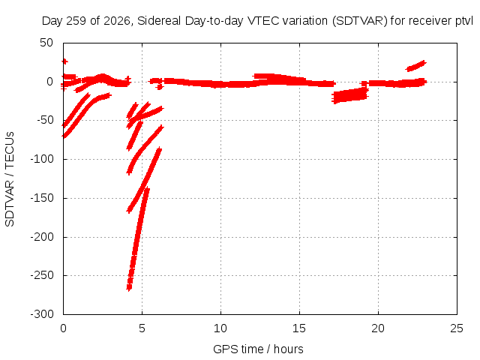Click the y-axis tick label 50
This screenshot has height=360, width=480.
pyautogui.click(x=46, y=43)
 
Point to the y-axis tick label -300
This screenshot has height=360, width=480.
pyautogui.click(x=42, y=314)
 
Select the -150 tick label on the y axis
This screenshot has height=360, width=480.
pyautogui.click(x=42, y=198)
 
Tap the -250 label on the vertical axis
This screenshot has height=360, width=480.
pyautogui.click(x=42, y=275)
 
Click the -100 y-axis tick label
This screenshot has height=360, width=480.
pyautogui.click(x=42, y=159)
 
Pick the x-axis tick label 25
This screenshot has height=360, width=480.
pyautogui.click(x=457, y=328)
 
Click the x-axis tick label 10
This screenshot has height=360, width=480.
pyautogui.click(x=220, y=328)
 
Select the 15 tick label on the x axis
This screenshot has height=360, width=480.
pyautogui.click(x=299, y=328)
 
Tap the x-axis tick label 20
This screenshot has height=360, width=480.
pyautogui.click(x=378, y=328)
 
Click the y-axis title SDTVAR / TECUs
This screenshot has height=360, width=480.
pyautogui.click(x=10, y=179)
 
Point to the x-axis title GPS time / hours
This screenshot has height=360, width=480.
pyautogui.click(x=258, y=349)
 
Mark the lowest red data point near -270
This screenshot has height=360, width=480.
pyautogui.click(x=129, y=288)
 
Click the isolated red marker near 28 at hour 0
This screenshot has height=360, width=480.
pyautogui.click(x=64, y=61)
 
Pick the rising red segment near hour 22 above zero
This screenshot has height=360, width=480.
pyautogui.click(x=415, y=66)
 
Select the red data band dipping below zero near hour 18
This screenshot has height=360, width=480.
pyautogui.click(x=350, y=95)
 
